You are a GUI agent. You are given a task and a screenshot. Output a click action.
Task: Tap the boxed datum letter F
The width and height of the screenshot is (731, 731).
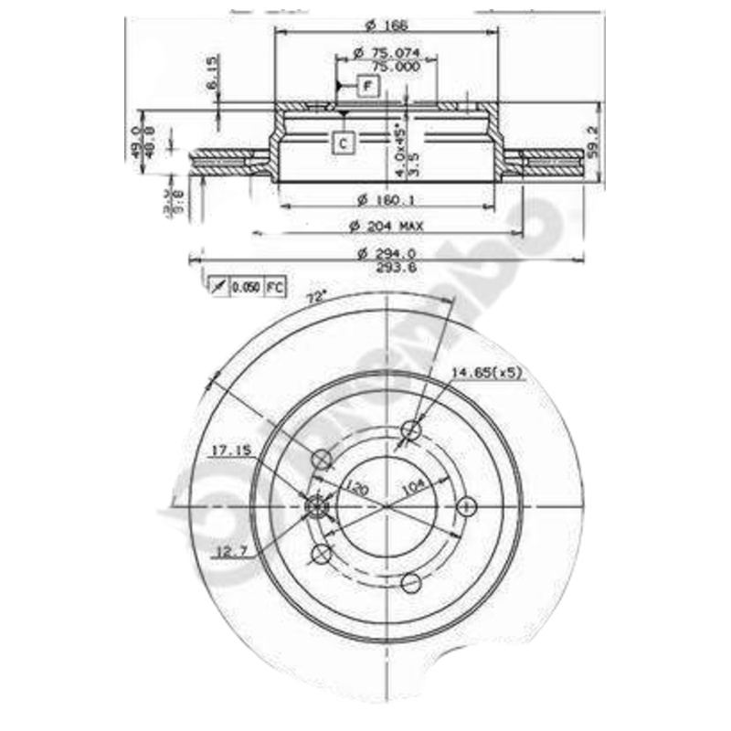click(366, 87)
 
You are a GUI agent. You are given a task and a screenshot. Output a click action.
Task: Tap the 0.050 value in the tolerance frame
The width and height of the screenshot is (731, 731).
click(245, 287)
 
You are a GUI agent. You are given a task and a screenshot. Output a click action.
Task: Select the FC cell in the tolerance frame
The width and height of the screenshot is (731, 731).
click(274, 287)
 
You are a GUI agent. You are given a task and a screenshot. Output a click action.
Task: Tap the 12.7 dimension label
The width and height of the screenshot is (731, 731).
click(231, 550)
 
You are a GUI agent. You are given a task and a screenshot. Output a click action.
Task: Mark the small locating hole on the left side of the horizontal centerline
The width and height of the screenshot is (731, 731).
click(315, 505)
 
